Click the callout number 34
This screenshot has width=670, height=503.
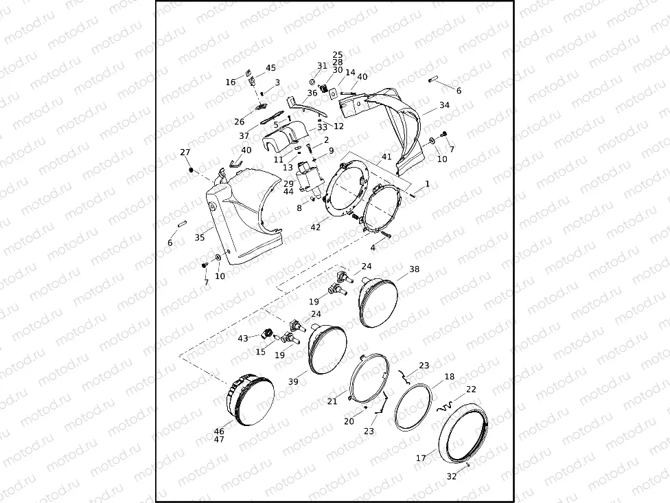point(444,104)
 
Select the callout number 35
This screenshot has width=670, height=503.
point(200,237)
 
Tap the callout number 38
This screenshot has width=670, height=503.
point(414,269)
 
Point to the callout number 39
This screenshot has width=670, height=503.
point(293,381)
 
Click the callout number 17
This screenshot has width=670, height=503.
point(421,458)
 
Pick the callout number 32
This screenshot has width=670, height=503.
point(451,476)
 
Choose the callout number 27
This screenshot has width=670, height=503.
point(185,153)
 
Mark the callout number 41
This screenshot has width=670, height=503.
point(386,157)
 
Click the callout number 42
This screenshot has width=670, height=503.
point(315,227)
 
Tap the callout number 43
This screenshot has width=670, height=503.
point(243,338)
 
